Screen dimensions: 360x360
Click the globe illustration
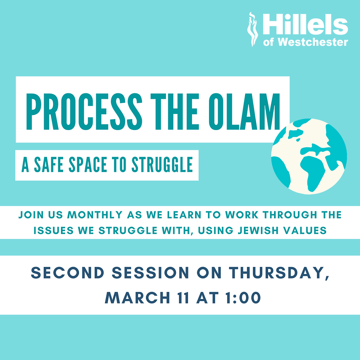click(309, 156)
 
